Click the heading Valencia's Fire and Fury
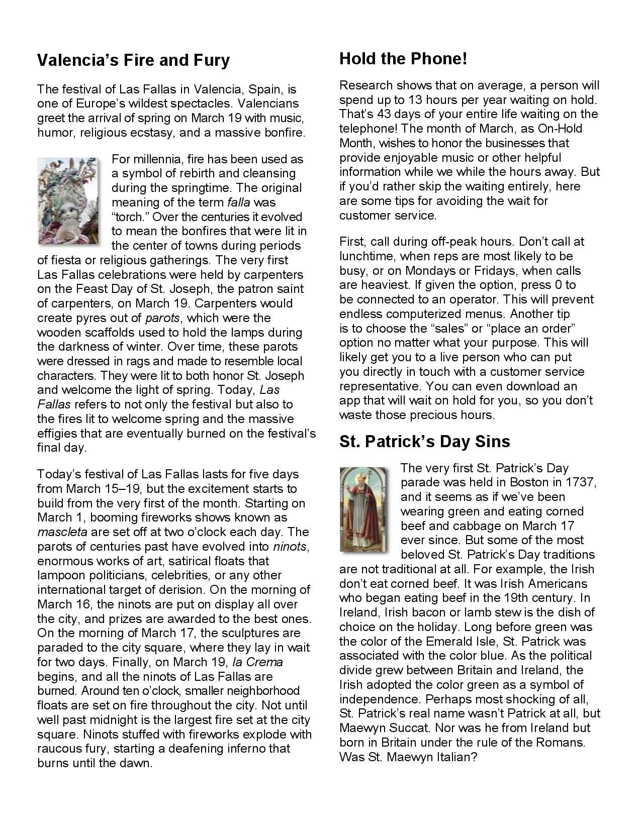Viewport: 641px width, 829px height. tap(133, 60)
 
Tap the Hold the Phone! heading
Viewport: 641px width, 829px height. tap(403, 59)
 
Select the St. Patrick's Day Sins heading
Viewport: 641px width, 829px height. tap(424, 441)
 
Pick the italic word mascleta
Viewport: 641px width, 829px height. tap(62, 532)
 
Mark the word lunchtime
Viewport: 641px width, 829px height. tap(366, 256)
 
